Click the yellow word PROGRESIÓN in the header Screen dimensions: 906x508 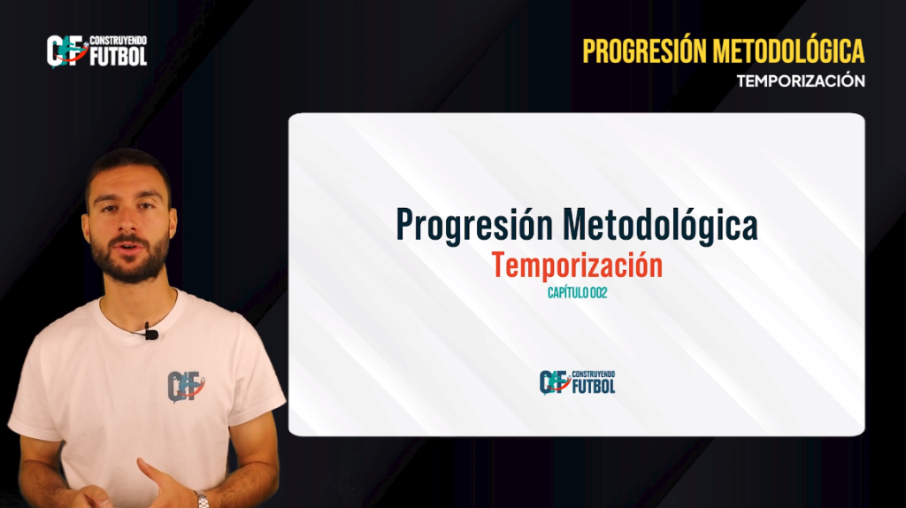coord(644,50)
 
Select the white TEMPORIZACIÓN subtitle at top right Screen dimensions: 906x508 coord(801,81)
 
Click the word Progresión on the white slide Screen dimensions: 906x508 coord(474,226)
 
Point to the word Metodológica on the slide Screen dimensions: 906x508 coord(660,225)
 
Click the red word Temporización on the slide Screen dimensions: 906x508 coord(577,266)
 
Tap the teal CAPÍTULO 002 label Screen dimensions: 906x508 coord(577,293)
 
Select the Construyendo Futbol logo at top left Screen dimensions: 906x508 coord(96,50)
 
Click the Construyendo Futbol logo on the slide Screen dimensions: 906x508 coord(577,382)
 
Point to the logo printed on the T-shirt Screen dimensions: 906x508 coord(186,386)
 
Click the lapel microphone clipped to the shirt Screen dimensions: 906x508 coord(150,333)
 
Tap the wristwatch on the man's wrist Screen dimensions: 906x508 coord(202,499)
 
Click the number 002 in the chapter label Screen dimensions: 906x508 coord(599,293)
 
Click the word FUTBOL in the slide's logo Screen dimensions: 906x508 coord(594,386)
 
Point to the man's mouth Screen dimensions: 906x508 coord(129,247)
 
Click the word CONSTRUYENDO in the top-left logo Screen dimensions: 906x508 coord(118,41)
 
